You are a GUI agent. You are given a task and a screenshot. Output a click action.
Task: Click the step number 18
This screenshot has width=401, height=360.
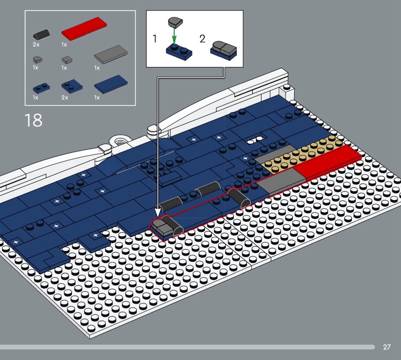[x=33, y=120]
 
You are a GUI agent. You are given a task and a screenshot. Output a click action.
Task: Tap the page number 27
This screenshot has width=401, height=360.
[x=386, y=347]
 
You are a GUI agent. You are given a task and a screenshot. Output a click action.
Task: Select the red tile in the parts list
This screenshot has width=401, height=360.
[x=84, y=28]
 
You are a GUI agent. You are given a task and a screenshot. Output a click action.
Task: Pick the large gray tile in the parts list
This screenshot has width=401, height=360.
[x=111, y=54]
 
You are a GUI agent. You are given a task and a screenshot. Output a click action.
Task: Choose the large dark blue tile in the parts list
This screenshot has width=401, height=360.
[x=111, y=84]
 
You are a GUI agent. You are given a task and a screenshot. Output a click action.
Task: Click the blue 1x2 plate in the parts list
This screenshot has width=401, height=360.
[x=41, y=88]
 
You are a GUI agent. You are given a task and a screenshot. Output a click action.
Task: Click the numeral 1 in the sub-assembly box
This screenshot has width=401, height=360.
[x=154, y=39]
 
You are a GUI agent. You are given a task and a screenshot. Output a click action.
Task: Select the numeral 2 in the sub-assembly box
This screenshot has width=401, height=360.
[x=203, y=39]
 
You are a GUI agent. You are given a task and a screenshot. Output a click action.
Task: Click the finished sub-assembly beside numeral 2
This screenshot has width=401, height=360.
[x=224, y=51]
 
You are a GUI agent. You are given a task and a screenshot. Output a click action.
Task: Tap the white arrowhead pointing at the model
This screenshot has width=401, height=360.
[x=157, y=212]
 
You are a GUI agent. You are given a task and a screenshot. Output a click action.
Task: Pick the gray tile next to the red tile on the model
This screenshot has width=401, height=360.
[x=281, y=182]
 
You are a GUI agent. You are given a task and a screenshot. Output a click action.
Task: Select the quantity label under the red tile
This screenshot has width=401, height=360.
[x=64, y=45]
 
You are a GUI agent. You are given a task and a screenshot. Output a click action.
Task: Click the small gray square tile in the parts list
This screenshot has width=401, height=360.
[x=67, y=60]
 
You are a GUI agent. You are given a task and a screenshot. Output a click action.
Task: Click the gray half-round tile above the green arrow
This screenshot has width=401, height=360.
[x=175, y=22]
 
